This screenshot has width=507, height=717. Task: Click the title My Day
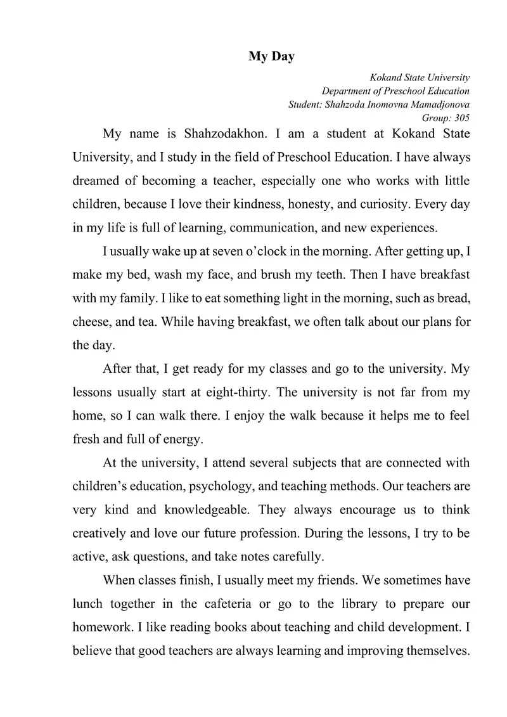coord(271,57)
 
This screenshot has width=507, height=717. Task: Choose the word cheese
coord(91,322)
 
